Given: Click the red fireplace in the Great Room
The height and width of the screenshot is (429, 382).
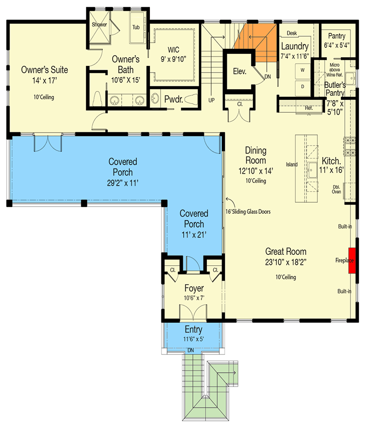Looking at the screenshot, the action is (352, 261).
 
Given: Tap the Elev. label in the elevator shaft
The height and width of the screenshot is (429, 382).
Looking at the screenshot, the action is (240, 72).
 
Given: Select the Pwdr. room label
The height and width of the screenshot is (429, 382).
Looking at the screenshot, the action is (173, 99).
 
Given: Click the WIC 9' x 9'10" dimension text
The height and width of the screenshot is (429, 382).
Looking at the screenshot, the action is (173, 59).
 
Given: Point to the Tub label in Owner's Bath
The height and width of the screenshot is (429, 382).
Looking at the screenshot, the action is (136, 27).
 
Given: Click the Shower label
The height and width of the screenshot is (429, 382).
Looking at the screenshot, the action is (99, 24).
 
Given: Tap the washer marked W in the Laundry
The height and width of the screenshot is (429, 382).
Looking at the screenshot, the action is (303, 71).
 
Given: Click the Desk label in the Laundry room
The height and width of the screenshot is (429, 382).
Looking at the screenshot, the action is (292, 33).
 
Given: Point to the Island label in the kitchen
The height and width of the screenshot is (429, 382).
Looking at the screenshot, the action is (292, 164).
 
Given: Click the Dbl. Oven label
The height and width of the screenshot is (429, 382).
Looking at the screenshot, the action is (337, 189).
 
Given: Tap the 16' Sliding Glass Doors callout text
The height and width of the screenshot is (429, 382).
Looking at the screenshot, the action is (248, 211).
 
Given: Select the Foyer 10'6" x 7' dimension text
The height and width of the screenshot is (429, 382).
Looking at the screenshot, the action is (194, 298).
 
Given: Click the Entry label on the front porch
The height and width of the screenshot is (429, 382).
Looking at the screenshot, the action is (193, 329).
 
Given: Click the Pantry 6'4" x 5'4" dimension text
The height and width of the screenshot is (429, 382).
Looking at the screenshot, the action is (337, 45).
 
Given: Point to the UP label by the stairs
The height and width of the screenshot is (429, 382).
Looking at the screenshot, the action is (211, 100).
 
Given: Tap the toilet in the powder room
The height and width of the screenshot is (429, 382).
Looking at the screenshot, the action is (191, 100).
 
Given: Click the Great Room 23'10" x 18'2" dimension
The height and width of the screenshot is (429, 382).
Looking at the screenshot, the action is (286, 262).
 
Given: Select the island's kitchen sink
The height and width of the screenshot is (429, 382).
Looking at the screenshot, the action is (312, 170).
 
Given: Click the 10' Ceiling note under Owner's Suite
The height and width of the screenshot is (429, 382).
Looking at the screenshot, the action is (44, 97).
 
